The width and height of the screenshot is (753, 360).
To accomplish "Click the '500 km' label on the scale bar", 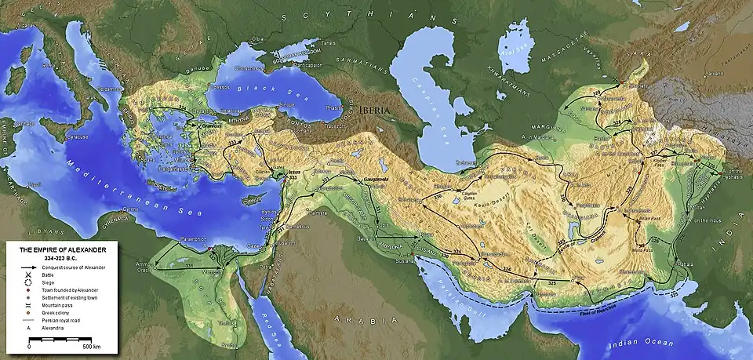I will pyautogui.click(x=93, y=345).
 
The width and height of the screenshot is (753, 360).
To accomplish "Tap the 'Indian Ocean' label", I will pyautogui.click(x=644, y=344).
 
